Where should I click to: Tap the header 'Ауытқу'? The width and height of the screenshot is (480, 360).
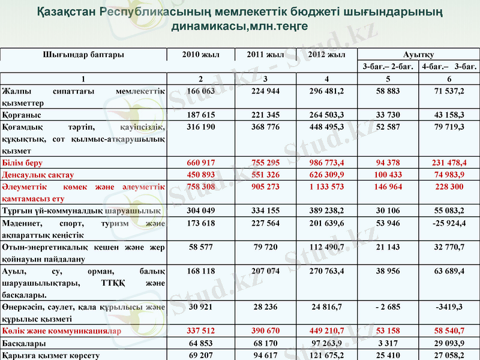click(x=419, y=55)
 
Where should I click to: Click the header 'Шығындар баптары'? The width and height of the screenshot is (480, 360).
click(x=83, y=55)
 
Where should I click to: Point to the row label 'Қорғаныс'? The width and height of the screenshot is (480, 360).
click(x=22, y=114)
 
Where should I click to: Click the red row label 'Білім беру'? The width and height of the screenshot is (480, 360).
click(x=22, y=163)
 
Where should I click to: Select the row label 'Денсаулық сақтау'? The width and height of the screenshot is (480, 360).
click(x=38, y=175)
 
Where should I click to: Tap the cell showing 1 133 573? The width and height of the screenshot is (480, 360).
click(x=326, y=187)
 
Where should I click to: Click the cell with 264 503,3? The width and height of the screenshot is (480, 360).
click(x=326, y=114)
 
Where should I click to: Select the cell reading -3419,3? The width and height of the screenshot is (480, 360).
click(x=449, y=307)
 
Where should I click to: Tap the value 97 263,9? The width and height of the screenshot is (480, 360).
click(x=326, y=343)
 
